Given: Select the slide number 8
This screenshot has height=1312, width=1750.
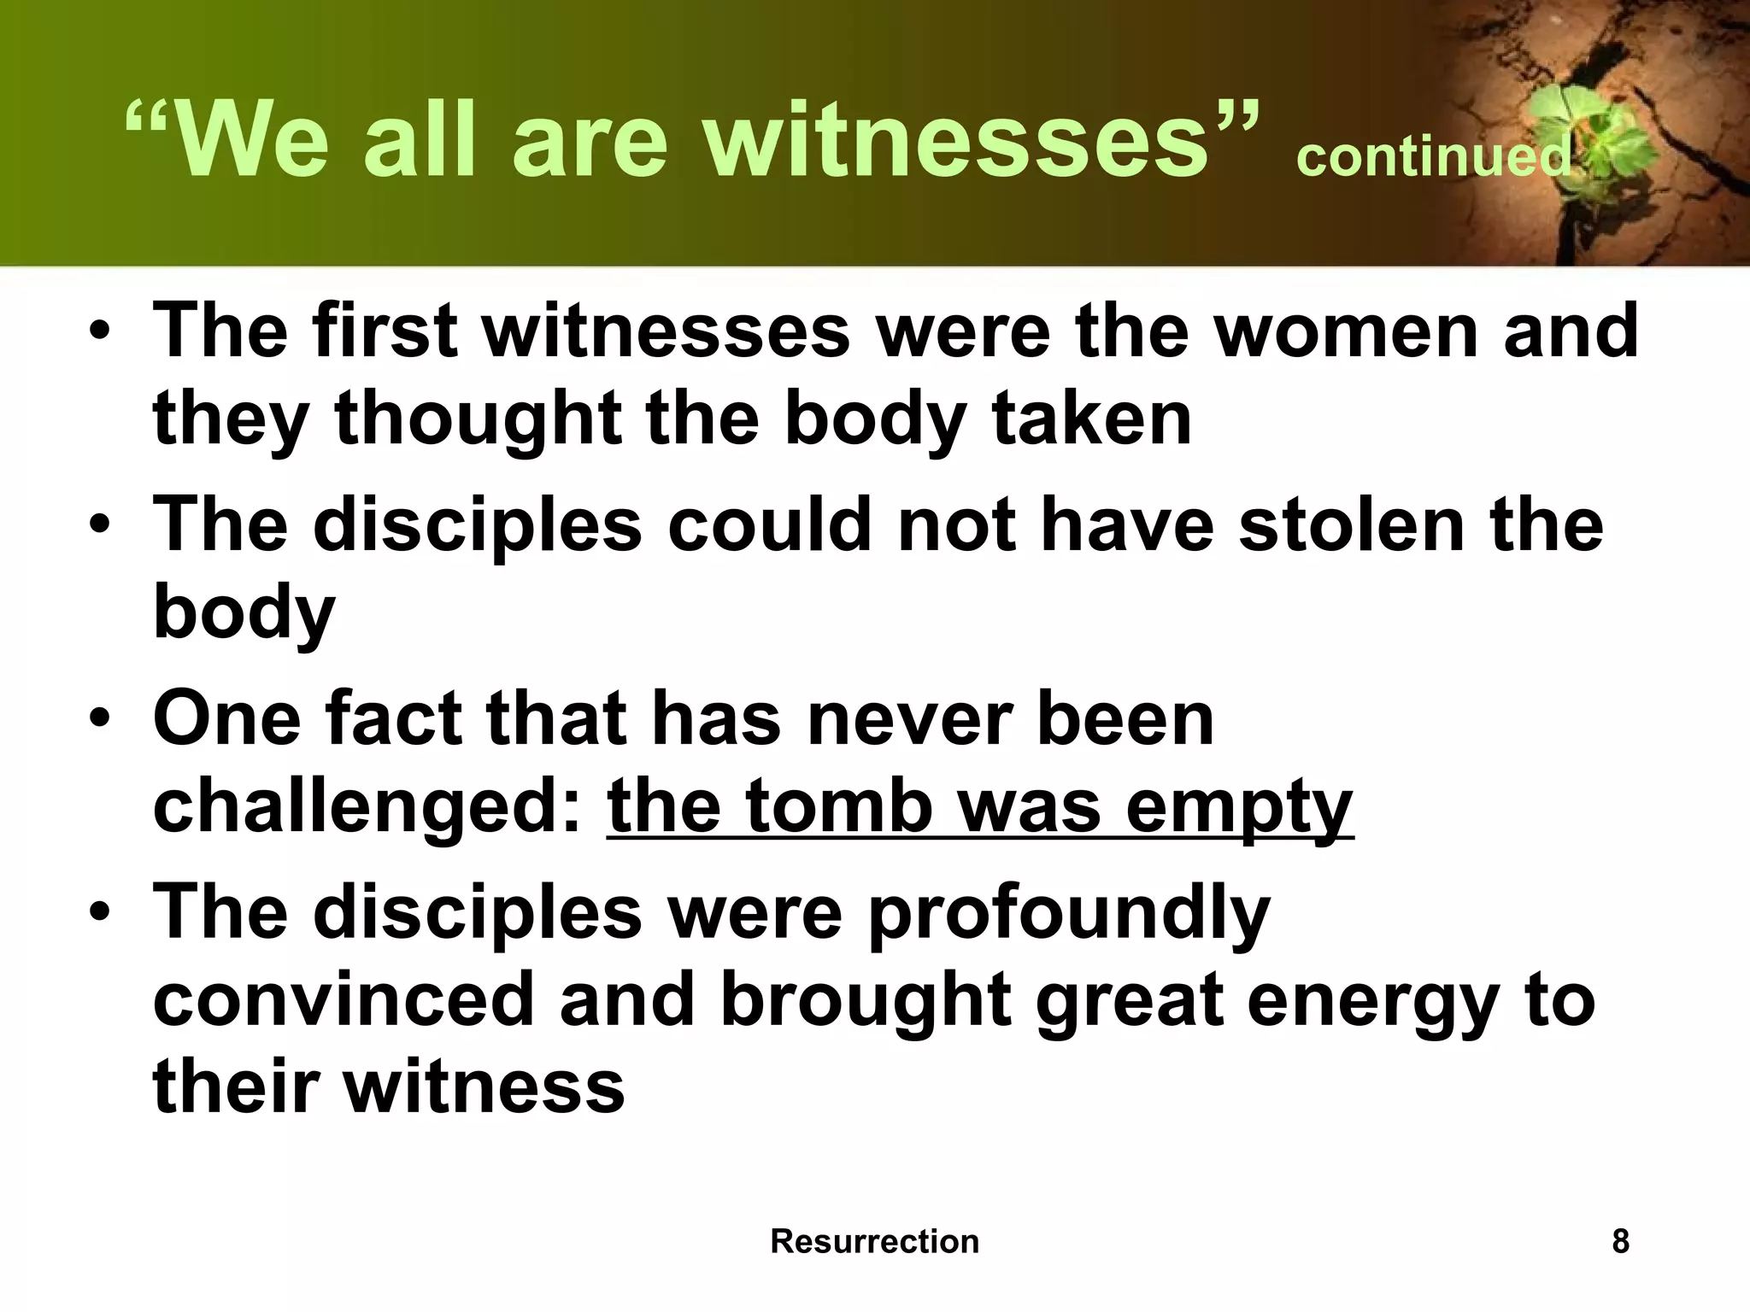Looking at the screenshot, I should click(x=1620, y=1241).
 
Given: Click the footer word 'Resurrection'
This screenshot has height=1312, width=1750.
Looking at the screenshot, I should click(x=874, y=1241).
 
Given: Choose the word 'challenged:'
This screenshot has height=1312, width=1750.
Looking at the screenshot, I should click(x=367, y=807).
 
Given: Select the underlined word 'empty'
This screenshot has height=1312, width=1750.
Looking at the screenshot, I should click(x=1238, y=807).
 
